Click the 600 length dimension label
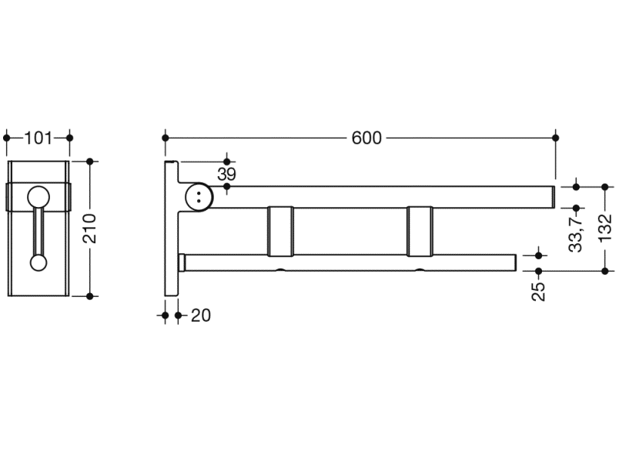[366, 138]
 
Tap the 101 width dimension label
[38, 138]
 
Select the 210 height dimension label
[90, 229]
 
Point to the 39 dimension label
[226, 174]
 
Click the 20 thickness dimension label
[201, 315]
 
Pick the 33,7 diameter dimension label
[577, 234]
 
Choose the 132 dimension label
[605, 229]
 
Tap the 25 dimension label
[539, 292]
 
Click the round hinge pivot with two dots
[199, 197]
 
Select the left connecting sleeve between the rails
[280, 231]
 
